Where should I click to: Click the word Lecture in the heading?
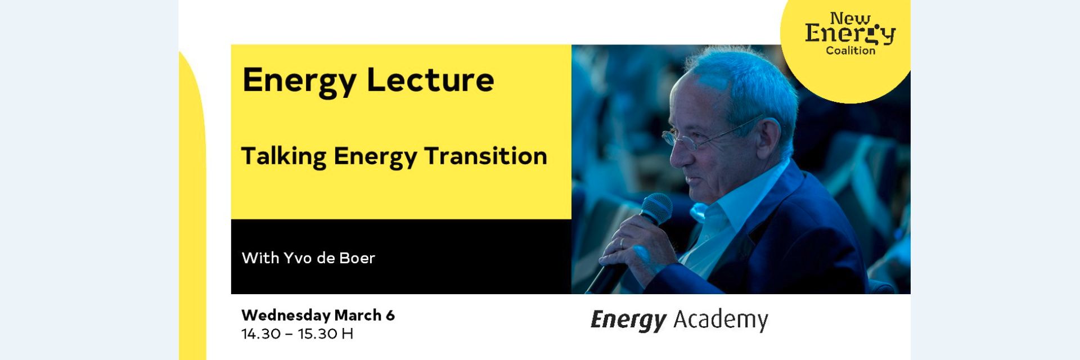(430, 80)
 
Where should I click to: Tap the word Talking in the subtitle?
(283, 156)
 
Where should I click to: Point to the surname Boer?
(357, 258)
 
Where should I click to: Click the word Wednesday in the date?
(286, 315)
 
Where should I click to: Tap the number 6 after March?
(390, 315)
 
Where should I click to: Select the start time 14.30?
(261, 334)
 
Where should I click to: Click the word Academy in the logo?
(721, 319)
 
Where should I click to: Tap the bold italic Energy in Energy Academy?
(628, 319)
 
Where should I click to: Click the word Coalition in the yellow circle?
(850, 51)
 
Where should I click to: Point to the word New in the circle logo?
(850, 19)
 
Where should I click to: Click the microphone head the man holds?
(656, 208)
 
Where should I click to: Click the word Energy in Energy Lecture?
(299, 80)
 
